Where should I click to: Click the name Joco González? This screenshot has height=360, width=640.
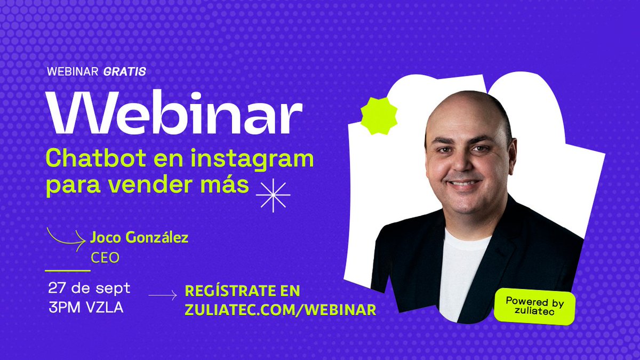click(139, 238)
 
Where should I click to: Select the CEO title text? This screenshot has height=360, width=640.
click(105, 258)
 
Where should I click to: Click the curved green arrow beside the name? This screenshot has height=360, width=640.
click(67, 238)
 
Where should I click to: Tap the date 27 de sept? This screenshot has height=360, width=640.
click(89, 288)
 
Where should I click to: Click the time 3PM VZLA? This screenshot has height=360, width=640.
click(85, 308)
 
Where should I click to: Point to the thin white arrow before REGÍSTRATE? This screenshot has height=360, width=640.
click(163, 295)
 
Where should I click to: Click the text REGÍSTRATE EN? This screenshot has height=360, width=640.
click(242, 291)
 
